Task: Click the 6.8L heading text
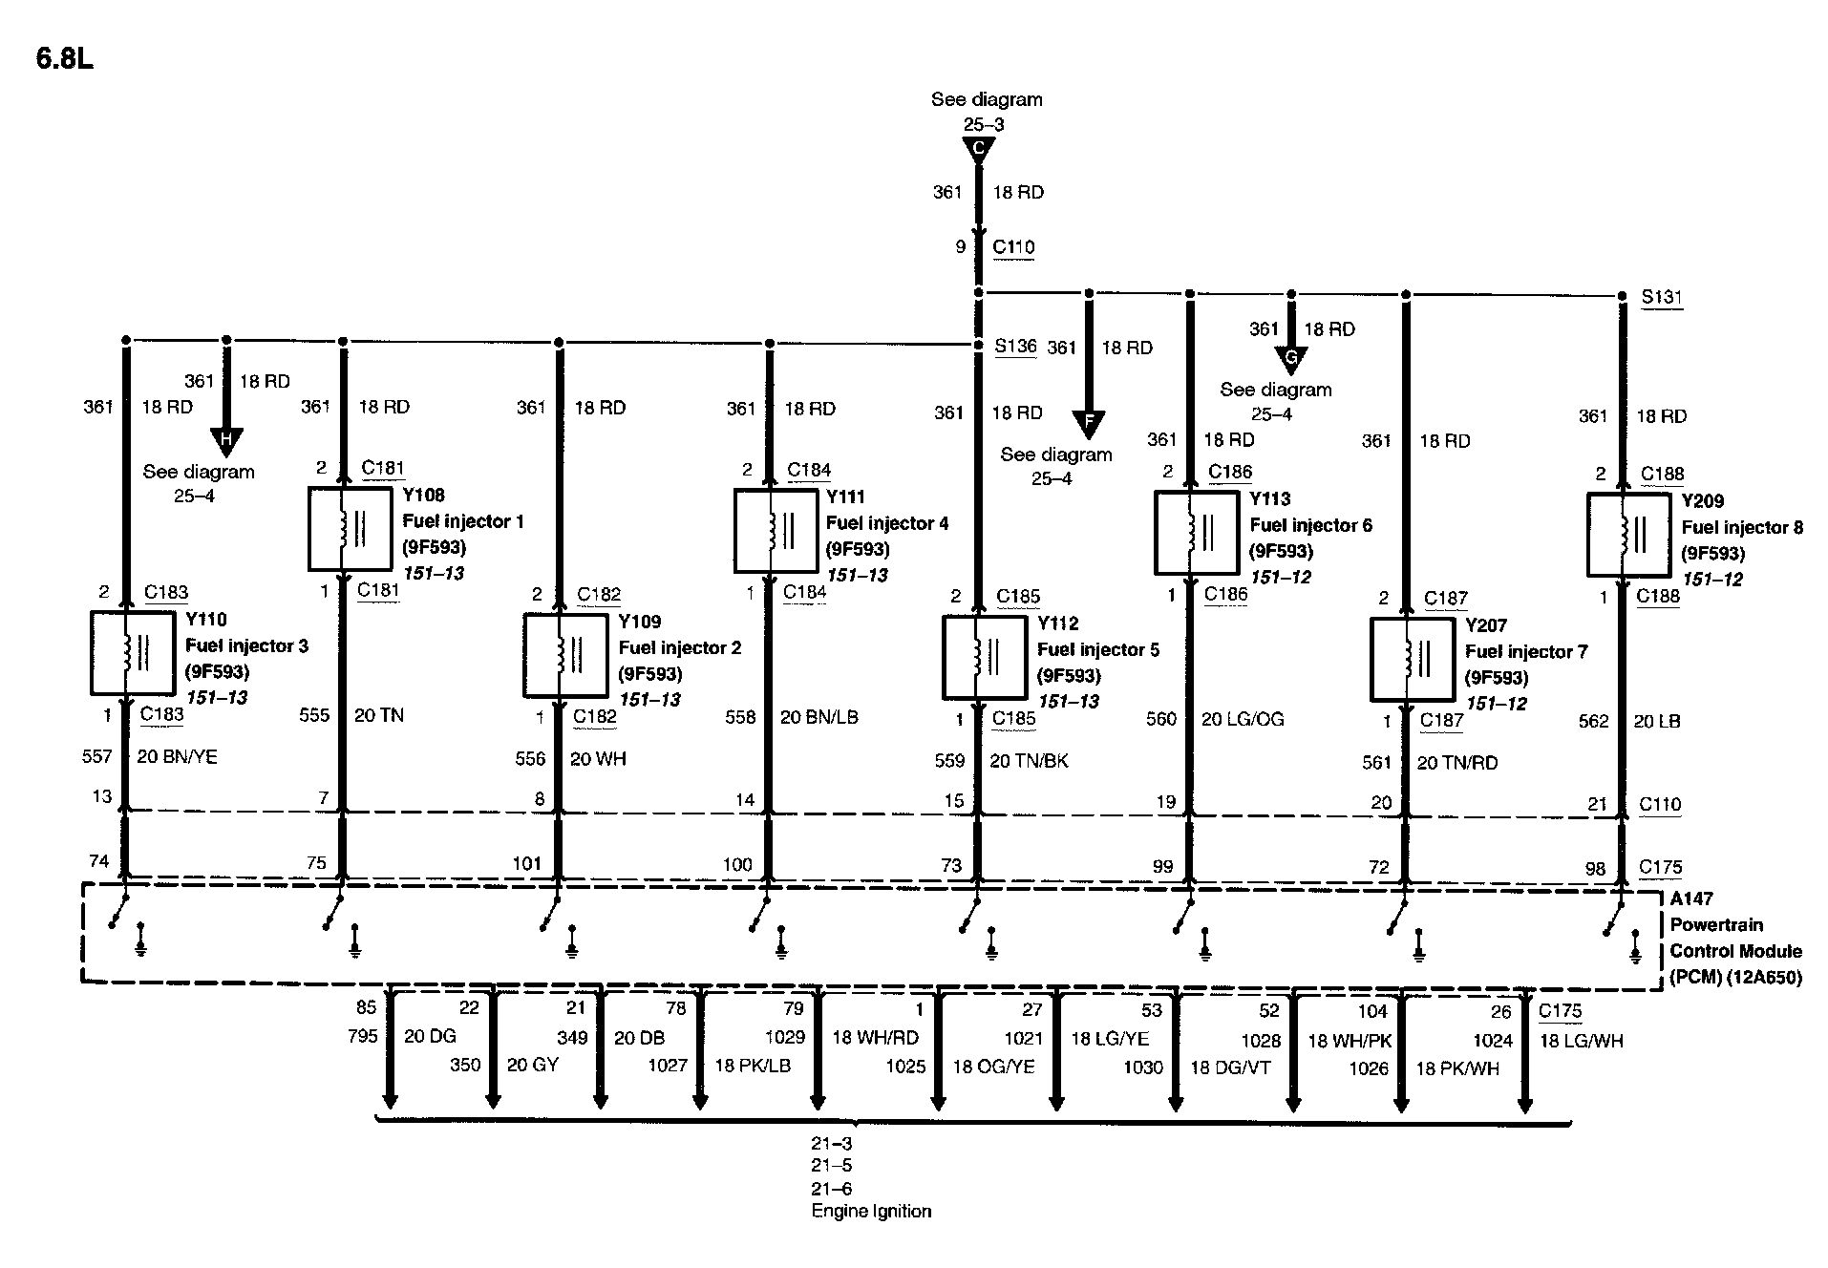pos(64,59)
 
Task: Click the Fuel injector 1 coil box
pos(350,529)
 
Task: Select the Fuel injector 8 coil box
pos(1628,535)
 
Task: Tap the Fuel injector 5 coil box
pos(984,657)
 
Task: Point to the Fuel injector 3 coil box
pos(132,653)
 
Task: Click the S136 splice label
pos(1014,346)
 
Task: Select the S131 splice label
pos(1662,297)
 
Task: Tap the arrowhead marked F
pos(1088,423)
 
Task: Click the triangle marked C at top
pos(978,149)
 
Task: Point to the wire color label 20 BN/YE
pos(177,757)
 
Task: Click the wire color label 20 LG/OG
pos(1242,719)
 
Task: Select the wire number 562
pos(1593,722)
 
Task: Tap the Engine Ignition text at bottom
pos(871,1212)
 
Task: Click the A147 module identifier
pos(1690,898)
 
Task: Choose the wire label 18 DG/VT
pos(1230,1067)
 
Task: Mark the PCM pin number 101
pos(527,863)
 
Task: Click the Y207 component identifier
pos(1485,626)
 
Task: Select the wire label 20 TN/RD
pos(1456,763)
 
